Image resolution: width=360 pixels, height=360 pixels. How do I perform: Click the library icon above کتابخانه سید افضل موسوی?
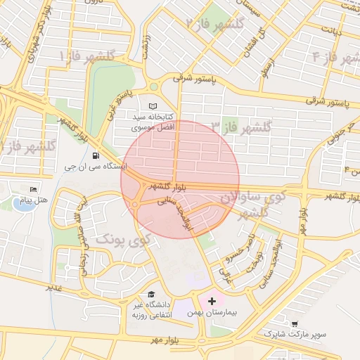pyautogui.click(x=153, y=105)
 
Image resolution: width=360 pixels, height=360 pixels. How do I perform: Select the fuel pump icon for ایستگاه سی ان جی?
pyautogui.click(x=95, y=156)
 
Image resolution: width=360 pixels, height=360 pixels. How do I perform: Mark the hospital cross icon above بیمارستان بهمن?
pyautogui.click(x=212, y=300)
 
